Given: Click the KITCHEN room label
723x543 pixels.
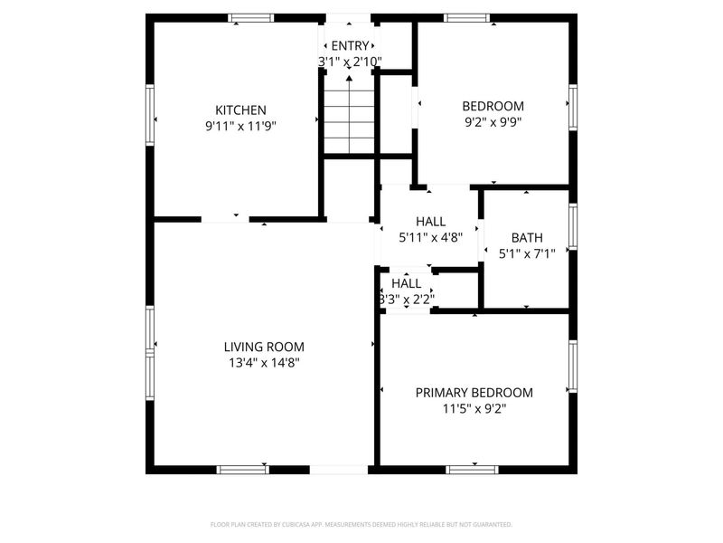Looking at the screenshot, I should (x=240, y=110).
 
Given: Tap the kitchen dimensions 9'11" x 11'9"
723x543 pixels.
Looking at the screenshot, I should (x=240, y=127).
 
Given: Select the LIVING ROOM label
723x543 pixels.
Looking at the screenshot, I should (x=264, y=347).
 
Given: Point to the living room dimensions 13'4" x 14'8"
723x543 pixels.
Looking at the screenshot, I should (x=264, y=363).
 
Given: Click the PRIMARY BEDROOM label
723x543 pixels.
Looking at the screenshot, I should (x=474, y=393).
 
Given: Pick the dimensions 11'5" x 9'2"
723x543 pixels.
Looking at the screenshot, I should (x=474, y=409).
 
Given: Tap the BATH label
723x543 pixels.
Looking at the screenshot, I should (x=527, y=239).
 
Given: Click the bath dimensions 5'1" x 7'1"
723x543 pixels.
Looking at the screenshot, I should (x=527, y=255).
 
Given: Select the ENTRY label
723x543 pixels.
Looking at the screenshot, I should (x=350, y=46).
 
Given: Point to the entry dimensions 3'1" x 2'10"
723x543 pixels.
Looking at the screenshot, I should (x=350, y=62).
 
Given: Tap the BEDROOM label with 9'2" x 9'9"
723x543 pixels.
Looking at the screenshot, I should (x=493, y=106).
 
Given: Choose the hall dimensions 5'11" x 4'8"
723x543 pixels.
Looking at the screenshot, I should (x=430, y=238).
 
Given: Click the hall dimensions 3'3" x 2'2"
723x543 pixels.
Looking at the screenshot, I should (x=406, y=299).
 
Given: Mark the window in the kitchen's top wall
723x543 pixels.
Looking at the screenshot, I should (x=250, y=17).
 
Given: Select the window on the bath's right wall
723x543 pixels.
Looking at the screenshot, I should (x=572, y=226).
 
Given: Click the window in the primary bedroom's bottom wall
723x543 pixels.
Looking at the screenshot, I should (x=473, y=470).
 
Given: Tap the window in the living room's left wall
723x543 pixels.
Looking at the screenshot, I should (x=150, y=344).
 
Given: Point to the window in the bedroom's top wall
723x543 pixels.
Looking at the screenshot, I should (x=466, y=17).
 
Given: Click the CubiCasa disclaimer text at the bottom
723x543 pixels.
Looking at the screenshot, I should (x=361, y=524).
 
